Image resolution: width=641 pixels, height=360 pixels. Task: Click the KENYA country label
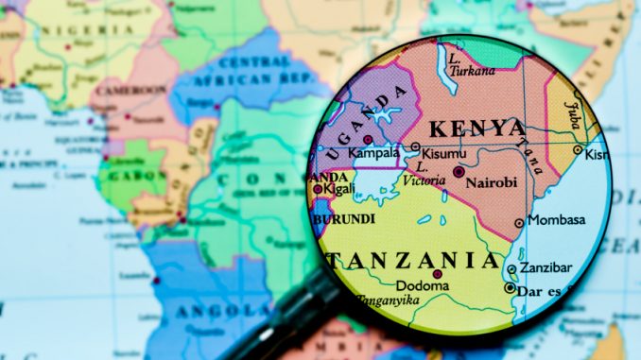pos(477,129)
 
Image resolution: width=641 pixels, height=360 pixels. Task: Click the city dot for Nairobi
pos(459,172)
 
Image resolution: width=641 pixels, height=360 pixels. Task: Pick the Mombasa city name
pos(556,220)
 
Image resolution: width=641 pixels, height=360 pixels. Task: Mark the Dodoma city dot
pos(438,274)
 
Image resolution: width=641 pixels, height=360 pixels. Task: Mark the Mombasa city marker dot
pos(518,223)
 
